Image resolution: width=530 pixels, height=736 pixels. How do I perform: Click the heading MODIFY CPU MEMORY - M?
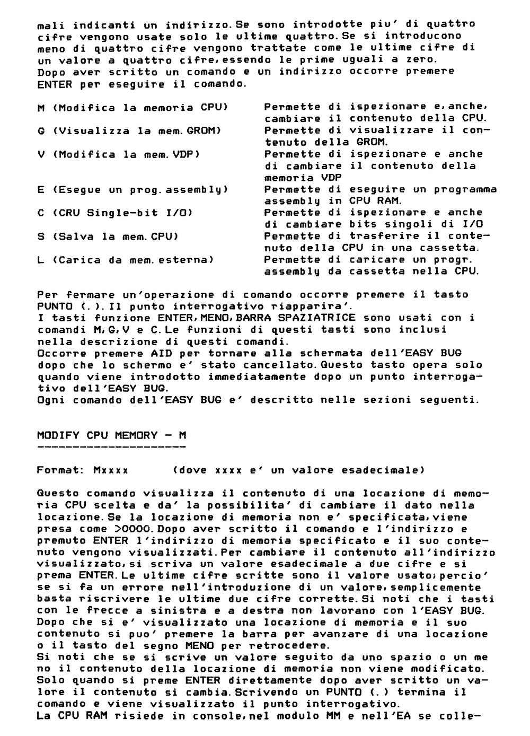(111, 435)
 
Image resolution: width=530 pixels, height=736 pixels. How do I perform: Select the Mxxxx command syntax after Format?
(110, 470)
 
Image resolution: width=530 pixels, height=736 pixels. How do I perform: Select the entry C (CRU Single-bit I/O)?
(114, 213)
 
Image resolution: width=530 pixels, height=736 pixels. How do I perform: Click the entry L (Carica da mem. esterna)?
(126, 260)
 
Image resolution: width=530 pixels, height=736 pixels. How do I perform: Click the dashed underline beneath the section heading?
(111, 447)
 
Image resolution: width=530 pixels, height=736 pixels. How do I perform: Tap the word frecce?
(92, 611)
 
